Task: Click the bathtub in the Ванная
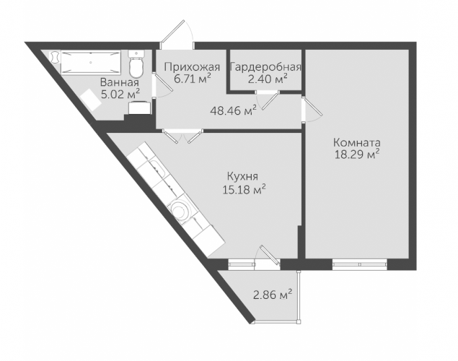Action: [x=91, y=62]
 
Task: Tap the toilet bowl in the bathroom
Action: [x=136, y=64]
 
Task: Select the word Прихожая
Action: [x=192, y=67]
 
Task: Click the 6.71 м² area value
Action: [x=193, y=79]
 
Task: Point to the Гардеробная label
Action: [x=265, y=68]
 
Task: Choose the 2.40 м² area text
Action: [x=268, y=79]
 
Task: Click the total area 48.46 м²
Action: [x=234, y=110]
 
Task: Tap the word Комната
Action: [x=357, y=143]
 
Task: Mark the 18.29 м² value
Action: [x=357, y=155]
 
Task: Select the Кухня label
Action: [x=242, y=177]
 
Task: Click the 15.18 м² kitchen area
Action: [x=245, y=190]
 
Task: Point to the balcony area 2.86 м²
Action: [x=273, y=295]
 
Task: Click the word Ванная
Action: [x=120, y=82]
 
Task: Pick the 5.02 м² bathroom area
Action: [x=120, y=95]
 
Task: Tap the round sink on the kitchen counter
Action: [x=180, y=210]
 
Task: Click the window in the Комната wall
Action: [x=360, y=264]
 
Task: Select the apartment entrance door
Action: [x=177, y=35]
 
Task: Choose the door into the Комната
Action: [x=312, y=109]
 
